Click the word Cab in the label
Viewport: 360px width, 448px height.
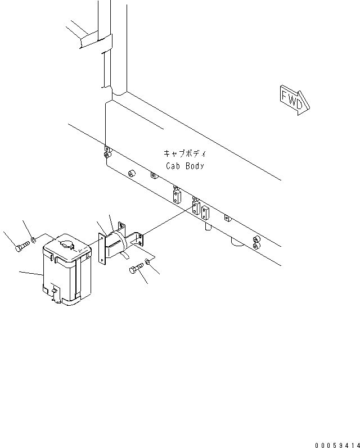point(173,166)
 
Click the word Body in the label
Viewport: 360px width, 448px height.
point(194,166)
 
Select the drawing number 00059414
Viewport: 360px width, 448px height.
point(336,444)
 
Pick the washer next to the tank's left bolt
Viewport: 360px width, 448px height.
point(34,240)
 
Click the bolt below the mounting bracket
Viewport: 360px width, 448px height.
point(137,270)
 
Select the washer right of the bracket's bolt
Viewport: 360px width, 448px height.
point(147,261)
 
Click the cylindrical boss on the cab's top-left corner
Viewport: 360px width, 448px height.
point(107,152)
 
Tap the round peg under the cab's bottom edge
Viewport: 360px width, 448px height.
point(207,227)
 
